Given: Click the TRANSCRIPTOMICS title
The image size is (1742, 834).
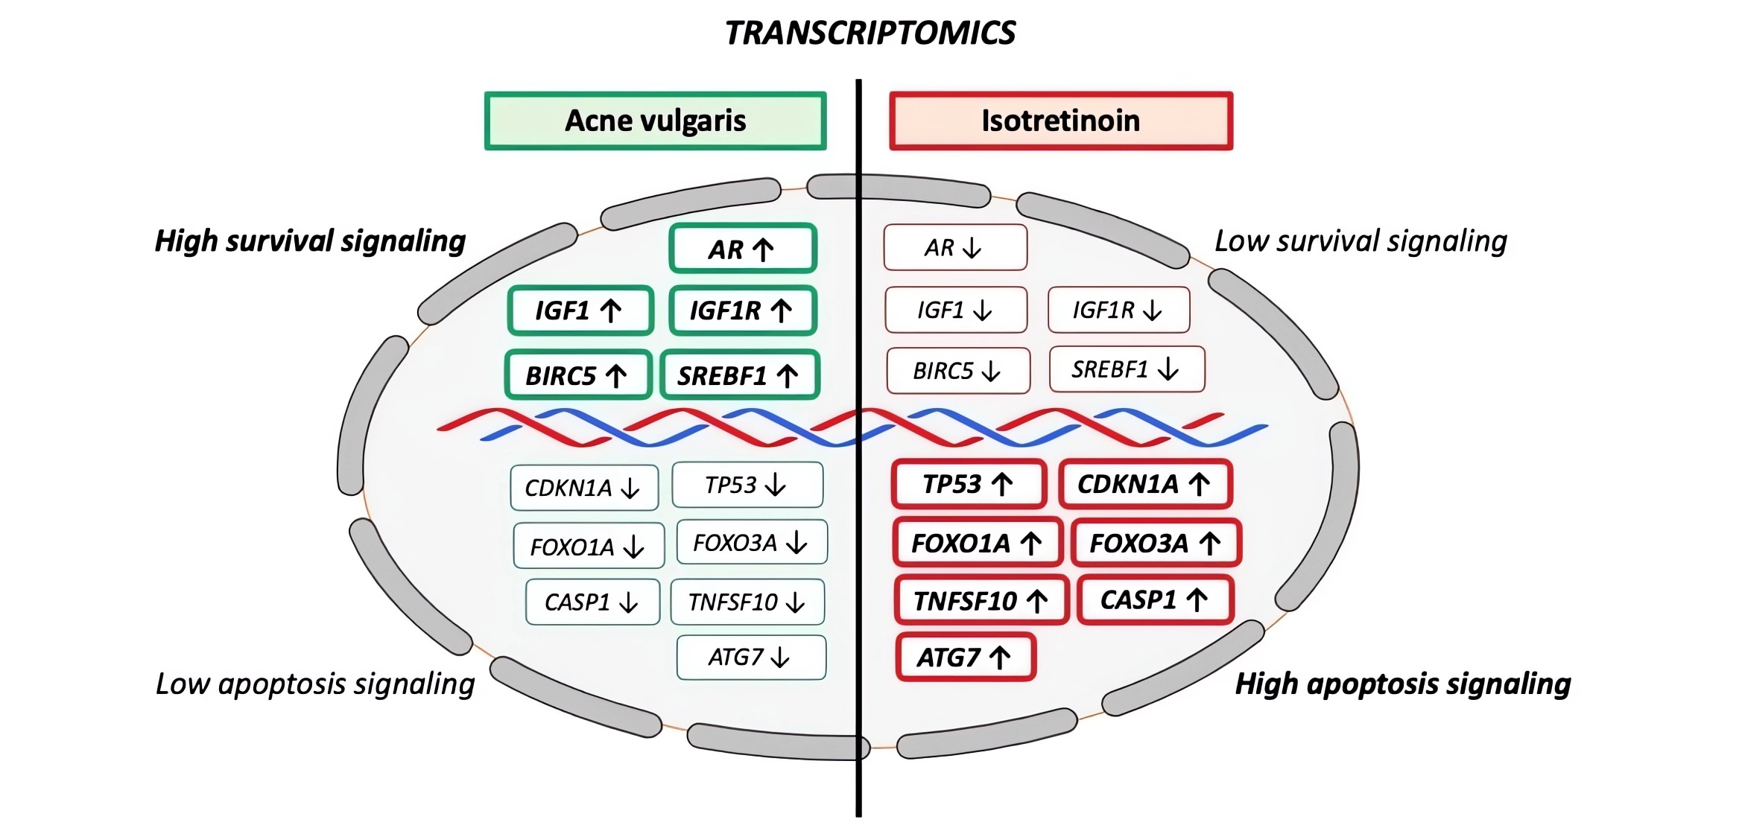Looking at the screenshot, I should coord(870,33).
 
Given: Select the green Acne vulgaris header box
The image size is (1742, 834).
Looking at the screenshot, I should coord(655,121).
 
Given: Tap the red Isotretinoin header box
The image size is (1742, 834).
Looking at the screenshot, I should coord(1060,121).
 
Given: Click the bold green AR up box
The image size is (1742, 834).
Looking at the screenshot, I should coord(742,249).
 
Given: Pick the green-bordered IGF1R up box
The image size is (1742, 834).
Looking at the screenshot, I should coord(742,311).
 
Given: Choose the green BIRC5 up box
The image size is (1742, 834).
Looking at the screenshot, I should coord(578,375).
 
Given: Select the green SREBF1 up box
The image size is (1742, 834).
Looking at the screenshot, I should coord(739,375).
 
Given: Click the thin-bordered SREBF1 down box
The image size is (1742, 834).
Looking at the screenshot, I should coord(1126,369).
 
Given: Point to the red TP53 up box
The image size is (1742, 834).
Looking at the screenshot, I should coord(968,485).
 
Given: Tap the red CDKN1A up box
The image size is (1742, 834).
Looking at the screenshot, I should coord(1145,485).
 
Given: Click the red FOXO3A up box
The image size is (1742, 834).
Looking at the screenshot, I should coord(1156,544).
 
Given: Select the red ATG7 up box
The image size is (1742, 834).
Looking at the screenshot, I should coord(965,658).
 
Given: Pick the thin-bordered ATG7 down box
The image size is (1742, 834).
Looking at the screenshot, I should coord(750,658).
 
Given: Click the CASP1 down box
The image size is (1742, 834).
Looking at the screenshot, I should coord(592,602).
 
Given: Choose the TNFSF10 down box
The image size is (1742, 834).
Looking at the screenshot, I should coord(747,602).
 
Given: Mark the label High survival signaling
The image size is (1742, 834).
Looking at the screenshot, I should coord(310,241).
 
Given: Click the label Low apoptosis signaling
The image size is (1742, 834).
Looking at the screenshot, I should coord(314,684).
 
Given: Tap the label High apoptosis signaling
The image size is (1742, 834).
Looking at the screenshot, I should coord(1402,684).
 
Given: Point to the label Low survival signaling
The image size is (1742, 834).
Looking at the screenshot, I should coord(1361,241).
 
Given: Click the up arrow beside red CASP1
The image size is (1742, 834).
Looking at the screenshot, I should coord(1197,599).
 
